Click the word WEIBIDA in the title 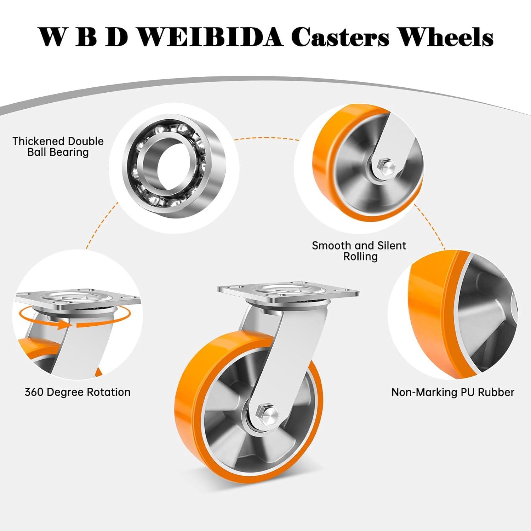210,37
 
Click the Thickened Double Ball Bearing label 58,147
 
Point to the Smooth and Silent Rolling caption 359,251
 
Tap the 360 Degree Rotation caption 78,392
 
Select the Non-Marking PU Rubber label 452,392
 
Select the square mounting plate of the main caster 288,292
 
